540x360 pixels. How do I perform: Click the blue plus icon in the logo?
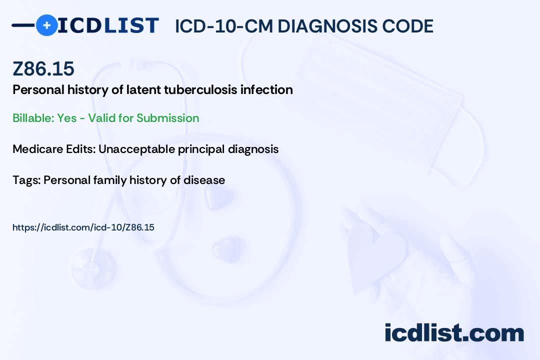(46, 25)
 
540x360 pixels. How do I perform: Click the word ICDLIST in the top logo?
(108, 25)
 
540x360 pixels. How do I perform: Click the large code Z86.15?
(43, 68)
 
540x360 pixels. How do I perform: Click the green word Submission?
(167, 118)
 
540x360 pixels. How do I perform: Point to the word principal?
(201, 149)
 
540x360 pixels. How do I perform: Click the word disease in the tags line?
(204, 180)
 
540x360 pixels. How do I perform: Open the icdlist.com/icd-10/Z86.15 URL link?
(83, 227)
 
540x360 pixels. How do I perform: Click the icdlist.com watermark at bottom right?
(454, 333)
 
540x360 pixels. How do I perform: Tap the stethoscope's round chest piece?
(93, 268)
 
